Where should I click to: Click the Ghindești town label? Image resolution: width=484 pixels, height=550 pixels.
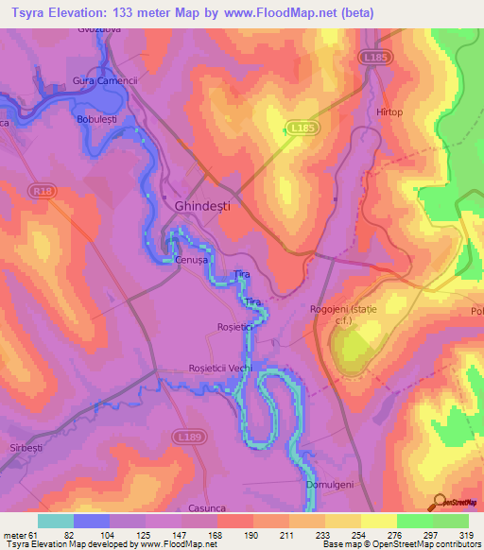tap(202, 205)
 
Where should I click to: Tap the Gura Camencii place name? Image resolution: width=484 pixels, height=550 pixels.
tap(105, 80)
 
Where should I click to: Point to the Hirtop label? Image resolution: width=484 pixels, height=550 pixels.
tap(389, 112)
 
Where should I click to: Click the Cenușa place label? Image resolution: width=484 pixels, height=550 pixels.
tap(190, 260)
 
